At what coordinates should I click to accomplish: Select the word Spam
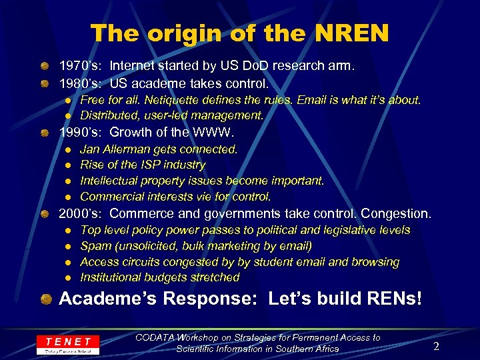[x=95, y=246]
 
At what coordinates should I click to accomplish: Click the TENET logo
[x=68, y=344]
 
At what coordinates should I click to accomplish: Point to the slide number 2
[x=436, y=345]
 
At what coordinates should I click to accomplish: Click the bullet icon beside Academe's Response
[x=45, y=298]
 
